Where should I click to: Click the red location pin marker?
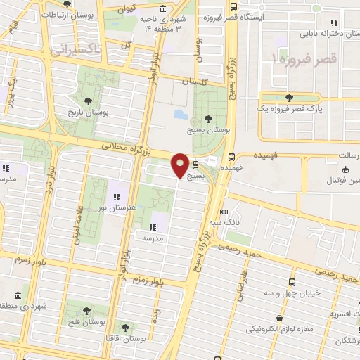click(180, 165)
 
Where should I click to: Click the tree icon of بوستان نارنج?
click(88, 101)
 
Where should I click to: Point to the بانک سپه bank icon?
click(224, 211)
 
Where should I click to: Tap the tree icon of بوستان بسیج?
click(207, 119)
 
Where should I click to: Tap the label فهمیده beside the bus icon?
click(232, 169)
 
